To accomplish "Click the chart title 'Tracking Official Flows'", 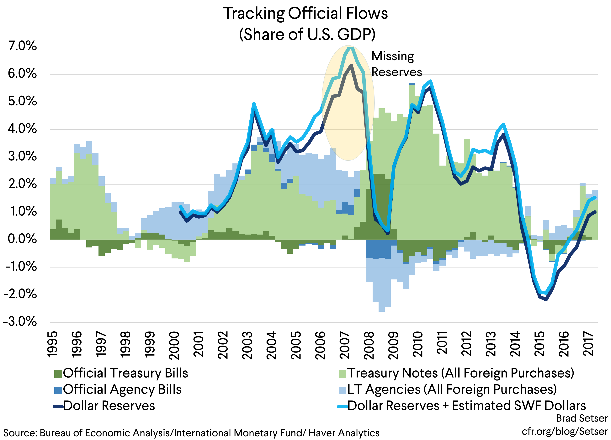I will [x=305, y=13].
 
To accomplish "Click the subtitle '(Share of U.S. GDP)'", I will [x=307, y=34].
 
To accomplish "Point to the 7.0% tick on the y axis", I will [x=23, y=46].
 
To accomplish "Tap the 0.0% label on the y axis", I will [x=22, y=239].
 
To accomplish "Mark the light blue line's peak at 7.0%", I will [x=350, y=47].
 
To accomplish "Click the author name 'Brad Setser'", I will [x=582, y=418].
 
